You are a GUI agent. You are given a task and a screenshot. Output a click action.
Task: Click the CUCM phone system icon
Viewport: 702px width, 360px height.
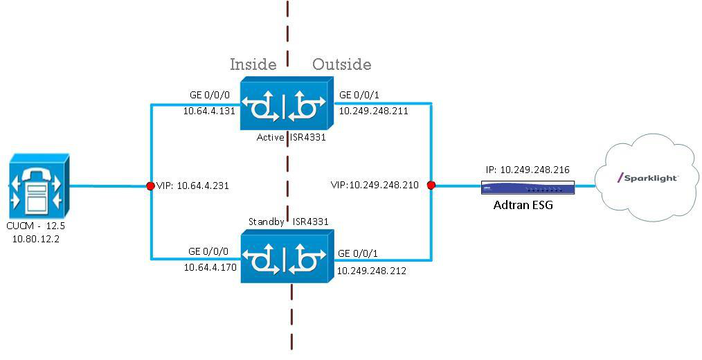point(39,187)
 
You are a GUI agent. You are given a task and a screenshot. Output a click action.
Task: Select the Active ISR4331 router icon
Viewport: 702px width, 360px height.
point(287,105)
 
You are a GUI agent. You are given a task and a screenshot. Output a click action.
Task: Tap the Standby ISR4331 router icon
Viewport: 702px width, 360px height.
point(287,256)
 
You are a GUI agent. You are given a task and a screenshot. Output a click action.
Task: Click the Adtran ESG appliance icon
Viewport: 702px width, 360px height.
point(528,187)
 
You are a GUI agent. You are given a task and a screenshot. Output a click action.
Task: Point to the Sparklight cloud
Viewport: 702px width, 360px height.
point(648,180)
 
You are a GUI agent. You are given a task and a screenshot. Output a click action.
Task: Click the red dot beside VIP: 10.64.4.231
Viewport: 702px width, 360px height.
point(151,186)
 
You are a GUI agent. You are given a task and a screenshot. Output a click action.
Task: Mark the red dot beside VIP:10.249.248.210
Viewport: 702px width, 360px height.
point(431,185)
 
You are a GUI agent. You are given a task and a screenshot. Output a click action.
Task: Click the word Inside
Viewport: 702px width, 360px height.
point(253,64)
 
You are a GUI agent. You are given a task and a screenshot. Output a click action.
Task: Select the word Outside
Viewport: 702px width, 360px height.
point(341,64)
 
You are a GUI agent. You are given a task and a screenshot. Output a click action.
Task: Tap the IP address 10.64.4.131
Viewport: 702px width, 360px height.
point(209,111)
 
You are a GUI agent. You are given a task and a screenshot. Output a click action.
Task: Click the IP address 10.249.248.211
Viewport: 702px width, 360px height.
point(373,111)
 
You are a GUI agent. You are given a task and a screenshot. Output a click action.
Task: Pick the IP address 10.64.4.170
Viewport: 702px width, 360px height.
point(210,267)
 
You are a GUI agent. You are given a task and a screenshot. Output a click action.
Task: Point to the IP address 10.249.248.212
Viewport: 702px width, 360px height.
point(372,271)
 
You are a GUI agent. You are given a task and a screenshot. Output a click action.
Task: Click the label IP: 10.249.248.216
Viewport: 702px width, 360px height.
point(528,170)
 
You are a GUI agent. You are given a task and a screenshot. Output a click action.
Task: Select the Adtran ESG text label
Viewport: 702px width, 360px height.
point(523,205)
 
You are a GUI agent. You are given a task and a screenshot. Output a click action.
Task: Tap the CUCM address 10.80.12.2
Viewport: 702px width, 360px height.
point(36,239)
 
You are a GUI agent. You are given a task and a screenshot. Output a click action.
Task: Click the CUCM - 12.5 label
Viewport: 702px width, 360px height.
point(36,226)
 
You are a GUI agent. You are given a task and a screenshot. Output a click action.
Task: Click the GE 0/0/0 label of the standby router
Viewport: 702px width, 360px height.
point(208,251)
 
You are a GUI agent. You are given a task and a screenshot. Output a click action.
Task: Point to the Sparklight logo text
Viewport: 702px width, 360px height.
point(647,178)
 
